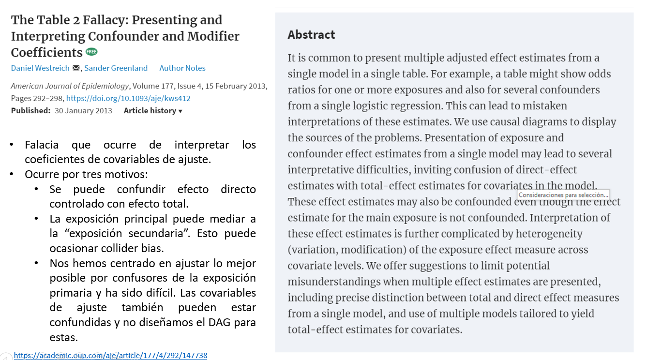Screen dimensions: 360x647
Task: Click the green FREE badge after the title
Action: (x=91, y=52)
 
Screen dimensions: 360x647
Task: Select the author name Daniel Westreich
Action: (x=40, y=68)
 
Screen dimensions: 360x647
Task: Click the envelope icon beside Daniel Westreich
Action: (x=76, y=68)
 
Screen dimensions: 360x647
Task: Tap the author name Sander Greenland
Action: (x=116, y=68)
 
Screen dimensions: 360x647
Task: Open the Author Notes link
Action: (x=182, y=68)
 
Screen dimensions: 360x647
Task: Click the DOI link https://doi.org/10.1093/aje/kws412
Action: (x=128, y=98)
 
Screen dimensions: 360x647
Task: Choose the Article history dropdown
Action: (x=153, y=111)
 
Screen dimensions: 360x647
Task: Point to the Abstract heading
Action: (x=311, y=35)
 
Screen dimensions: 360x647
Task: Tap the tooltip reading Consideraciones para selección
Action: (x=563, y=195)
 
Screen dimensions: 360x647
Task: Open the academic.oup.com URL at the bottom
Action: (x=110, y=356)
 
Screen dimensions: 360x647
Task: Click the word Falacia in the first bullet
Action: (x=42, y=145)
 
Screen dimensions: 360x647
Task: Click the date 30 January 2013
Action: (x=83, y=111)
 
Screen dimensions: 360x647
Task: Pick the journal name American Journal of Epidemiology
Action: (x=70, y=86)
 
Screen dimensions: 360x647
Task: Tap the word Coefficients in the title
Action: (x=47, y=52)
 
